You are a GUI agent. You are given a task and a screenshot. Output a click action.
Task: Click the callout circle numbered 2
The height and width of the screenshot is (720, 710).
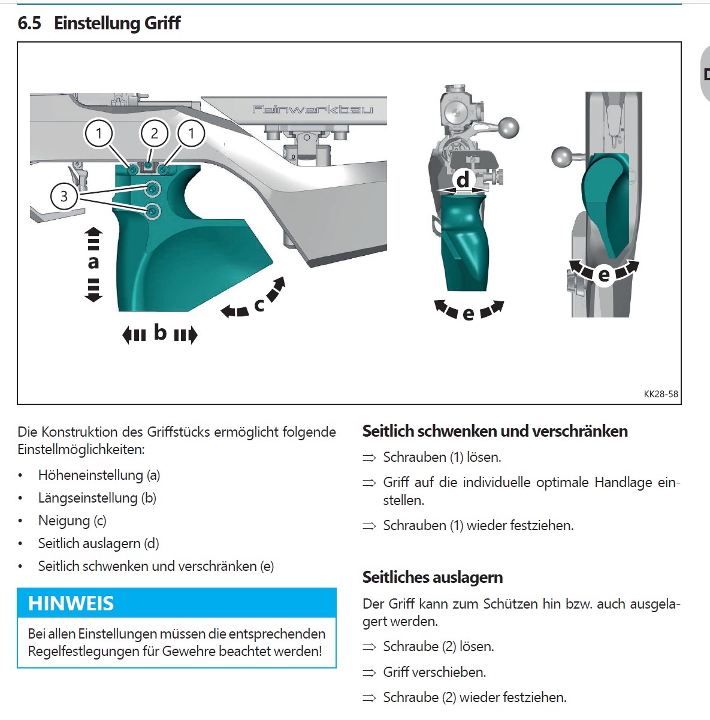coord(155,133)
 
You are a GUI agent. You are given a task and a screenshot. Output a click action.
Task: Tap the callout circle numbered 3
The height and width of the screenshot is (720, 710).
coord(64,196)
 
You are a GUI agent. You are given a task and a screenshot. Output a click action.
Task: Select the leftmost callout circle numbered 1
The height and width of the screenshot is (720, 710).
coord(99,133)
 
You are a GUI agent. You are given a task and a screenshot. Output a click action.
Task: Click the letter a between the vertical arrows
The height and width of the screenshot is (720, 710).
coord(93,262)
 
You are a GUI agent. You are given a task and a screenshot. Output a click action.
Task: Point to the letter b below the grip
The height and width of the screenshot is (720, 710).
coord(160,332)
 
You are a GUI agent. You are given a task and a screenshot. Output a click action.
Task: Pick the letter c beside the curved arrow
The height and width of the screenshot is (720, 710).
coord(259,305)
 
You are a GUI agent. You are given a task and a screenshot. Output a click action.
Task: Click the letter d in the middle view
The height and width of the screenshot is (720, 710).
coord(463,180)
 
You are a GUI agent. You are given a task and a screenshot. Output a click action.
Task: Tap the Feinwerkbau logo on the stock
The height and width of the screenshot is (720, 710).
coord(312,109)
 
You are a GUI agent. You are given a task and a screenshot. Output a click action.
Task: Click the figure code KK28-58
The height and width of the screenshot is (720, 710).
coord(661,394)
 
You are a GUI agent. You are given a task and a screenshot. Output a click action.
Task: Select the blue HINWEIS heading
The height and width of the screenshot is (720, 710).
coord(71,603)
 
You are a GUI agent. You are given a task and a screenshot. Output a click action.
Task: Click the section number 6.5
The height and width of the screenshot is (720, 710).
coord(29,23)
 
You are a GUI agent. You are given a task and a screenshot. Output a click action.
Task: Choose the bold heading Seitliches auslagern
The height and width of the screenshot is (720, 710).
coord(433,577)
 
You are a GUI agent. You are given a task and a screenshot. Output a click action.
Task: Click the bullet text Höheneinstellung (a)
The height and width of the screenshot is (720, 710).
coord(99,475)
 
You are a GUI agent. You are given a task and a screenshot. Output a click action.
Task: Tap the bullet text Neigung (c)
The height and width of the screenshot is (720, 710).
coord(72,521)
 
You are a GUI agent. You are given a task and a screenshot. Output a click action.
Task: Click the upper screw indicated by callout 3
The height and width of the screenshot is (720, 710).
coord(153,189)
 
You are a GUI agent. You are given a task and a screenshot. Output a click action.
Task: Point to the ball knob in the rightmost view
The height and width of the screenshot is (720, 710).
coord(562,157)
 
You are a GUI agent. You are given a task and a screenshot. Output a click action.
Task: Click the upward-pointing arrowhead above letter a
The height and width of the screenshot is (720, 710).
coord(93,232)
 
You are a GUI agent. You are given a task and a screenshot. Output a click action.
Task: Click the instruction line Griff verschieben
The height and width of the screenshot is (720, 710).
coord(434,672)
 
